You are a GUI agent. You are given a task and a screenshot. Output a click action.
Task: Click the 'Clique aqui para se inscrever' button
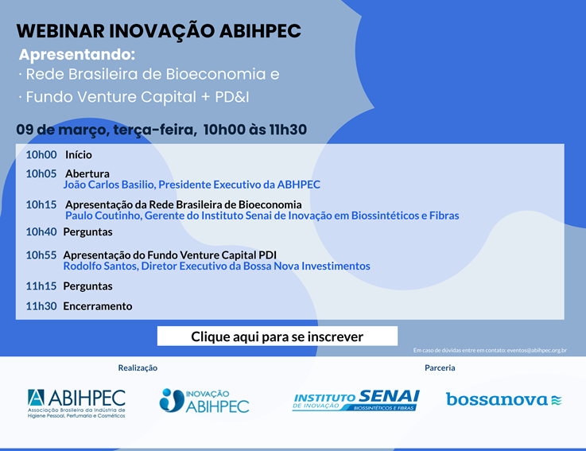pyautogui.click(x=277, y=336)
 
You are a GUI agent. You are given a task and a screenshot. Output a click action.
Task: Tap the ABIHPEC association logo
pyautogui.click(x=76, y=403)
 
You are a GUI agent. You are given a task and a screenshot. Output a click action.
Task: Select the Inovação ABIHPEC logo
pyautogui.click(x=204, y=401)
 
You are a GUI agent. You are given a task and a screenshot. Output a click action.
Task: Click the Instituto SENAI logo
pyautogui.click(x=356, y=401)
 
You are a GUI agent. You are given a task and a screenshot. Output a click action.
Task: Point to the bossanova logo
pyautogui.click(x=504, y=399)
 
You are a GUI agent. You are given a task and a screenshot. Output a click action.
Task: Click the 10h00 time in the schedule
pyautogui.click(x=41, y=155)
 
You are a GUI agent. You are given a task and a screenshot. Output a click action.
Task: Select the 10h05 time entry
pyautogui.click(x=41, y=174)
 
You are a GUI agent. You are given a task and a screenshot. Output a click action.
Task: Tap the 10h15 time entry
pyautogui.click(x=41, y=205)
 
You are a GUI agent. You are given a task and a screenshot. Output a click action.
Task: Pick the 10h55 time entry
pyautogui.click(x=41, y=255)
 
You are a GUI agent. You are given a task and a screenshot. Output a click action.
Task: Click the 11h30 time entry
pyautogui.click(x=41, y=306)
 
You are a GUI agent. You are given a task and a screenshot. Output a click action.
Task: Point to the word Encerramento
pyautogui.click(x=98, y=306)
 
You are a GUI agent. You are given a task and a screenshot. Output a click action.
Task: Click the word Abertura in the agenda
pyautogui.click(x=87, y=174)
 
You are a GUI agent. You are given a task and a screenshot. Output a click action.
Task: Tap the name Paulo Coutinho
pyautogui.click(x=103, y=216)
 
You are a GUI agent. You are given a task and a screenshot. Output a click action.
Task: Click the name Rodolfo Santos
pyautogui.click(x=100, y=266)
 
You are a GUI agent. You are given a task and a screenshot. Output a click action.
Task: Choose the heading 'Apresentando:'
pyautogui.click(x=77, y=55)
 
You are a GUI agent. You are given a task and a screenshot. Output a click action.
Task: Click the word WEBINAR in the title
pyautogui.click(x=60, y=31)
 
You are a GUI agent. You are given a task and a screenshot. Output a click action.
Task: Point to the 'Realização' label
pyautogui.click(x=138, y=368)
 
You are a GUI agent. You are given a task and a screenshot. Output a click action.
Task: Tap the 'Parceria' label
pyautogui.click(x=440, y=368)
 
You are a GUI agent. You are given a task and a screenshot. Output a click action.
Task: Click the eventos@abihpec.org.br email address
pyautogui.click(x=537, y=351)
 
